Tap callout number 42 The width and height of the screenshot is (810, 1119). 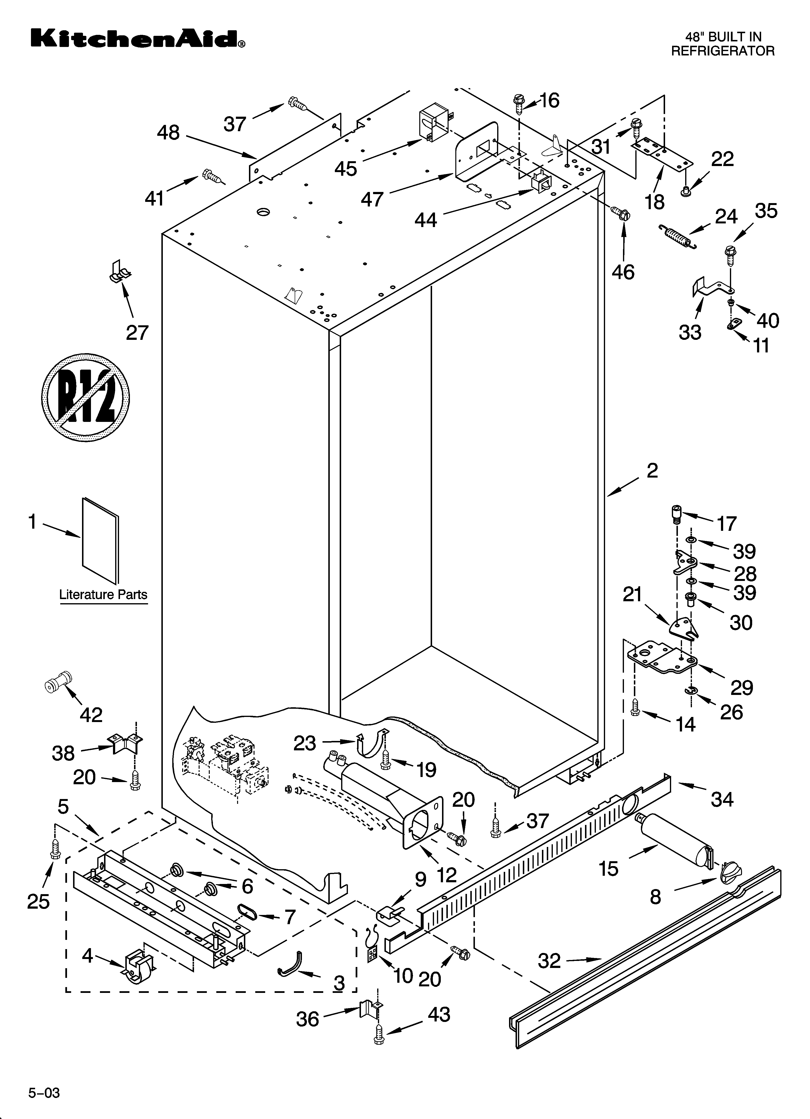[x=91, y=715]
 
